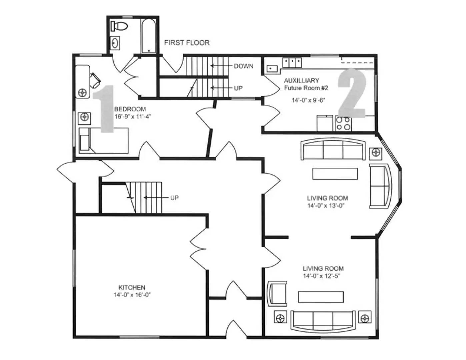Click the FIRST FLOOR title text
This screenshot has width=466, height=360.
pyautogui.click(x=187, y=43)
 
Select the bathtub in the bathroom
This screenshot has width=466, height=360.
pyautogui.click(x=148, y=36)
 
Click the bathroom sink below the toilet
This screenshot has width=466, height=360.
pyautogui.click(x=115, y=43)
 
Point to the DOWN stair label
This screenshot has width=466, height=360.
pyautogui.click(x=243, y=66)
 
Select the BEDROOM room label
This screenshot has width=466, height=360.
pyautogui.click(x=130, y=109)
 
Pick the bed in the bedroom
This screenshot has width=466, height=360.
pyautogui.click(x=104, y=141)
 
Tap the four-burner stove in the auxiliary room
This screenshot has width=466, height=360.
pyautogui.click(x=343, y=124)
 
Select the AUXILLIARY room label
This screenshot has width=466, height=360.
pyautogui.click(x=301, y=80)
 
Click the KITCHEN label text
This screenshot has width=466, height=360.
pyautogui.click(x=132, y=287)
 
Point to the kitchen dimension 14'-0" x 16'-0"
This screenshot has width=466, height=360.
pyautogui.click(x=132, y=295)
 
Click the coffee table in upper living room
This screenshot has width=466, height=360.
pyautogui.click(x=335, y=174)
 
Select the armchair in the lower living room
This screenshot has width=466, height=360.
pyautogui.click(x=278, y=293)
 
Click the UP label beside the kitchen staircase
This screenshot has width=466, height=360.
pyautogui.click(x=174, y=198)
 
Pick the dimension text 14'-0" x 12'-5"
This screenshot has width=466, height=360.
pyautogui.click(x=321, y=276)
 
